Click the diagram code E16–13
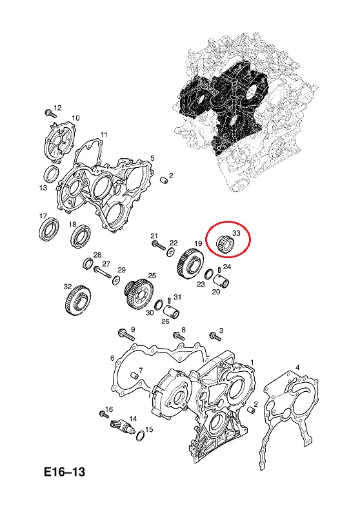click(65, 472)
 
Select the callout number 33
click(236, 233)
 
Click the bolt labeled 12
click(50, 114)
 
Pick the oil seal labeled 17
click(49, 229)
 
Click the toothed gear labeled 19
click(191, 262)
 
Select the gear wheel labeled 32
click(78, 301)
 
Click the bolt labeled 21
click(159, 247)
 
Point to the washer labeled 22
click(170, 252)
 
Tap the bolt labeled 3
click(215, 336)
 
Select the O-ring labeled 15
click(141, 435)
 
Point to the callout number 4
click(297, 367)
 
